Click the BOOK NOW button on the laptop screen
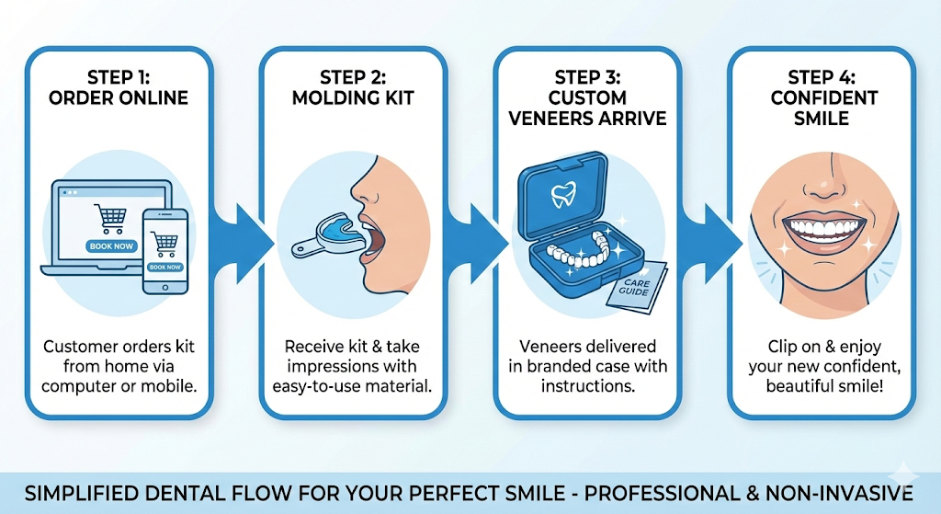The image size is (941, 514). click(x=111, y=246)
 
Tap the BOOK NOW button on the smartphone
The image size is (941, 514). click(x=165, y=267)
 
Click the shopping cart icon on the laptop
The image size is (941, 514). click(x=111, y=219)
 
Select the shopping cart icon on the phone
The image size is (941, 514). click(x=165, y=244)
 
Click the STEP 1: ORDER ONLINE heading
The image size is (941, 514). click(x=120, y=87)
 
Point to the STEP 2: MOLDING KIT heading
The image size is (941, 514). click(x=353, y=87)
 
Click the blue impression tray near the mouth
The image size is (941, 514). click(x=335, y=230)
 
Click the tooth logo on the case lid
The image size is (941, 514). click(x=561, y=194)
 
